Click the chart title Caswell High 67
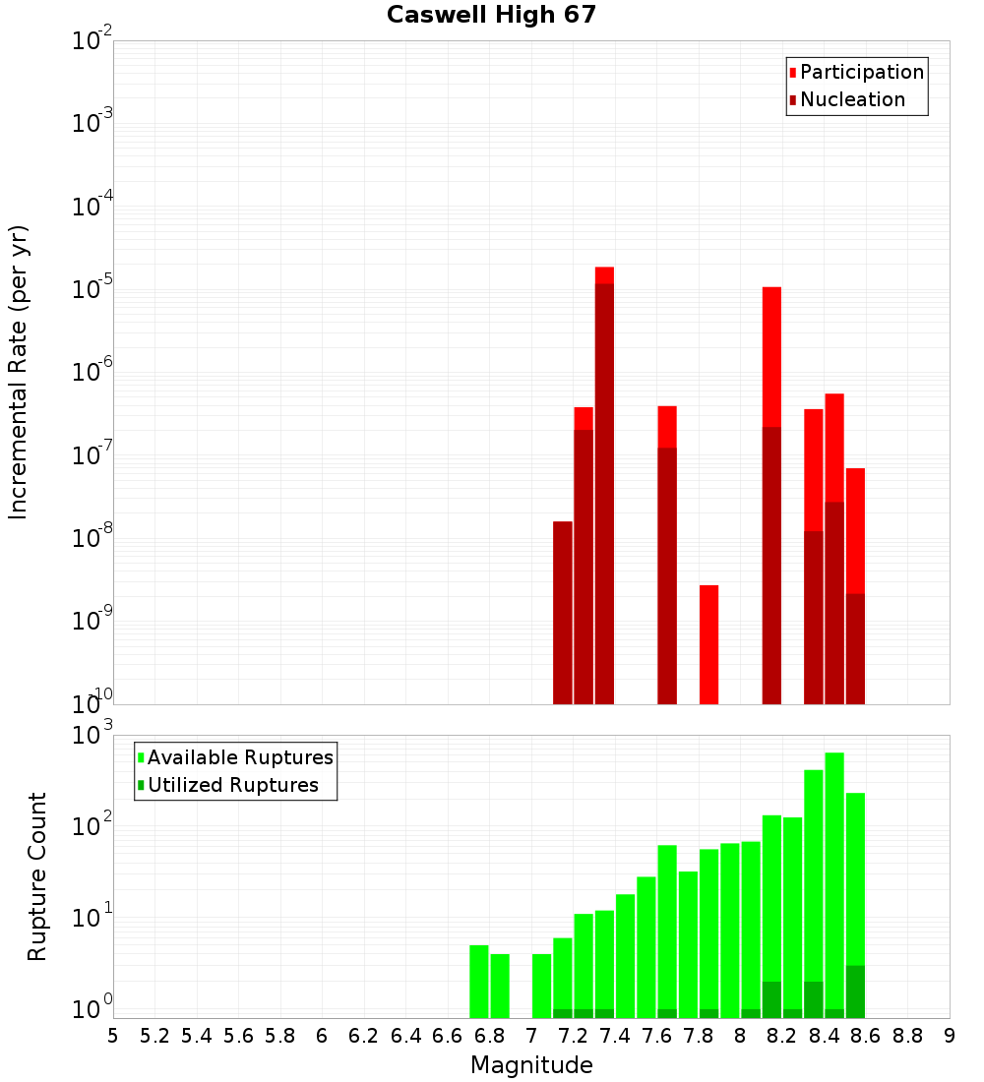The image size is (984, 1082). [491, 16]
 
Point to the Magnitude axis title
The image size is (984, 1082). [531, 1065]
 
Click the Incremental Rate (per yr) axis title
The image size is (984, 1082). [19, 372]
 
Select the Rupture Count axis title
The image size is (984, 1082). [37, 876]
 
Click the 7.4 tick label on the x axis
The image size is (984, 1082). [615, 1036]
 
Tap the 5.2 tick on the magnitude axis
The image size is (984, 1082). [155, 1036]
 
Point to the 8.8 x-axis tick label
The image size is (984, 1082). [907, 1036]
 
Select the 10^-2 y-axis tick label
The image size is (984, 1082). [92, 41]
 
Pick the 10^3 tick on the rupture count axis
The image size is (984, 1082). [93, 736]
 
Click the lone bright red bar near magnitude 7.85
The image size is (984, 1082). [709, 644]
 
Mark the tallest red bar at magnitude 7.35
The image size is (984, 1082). [604, 492]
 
